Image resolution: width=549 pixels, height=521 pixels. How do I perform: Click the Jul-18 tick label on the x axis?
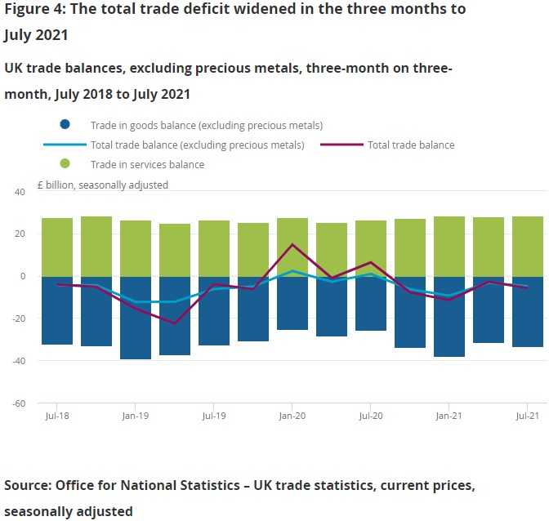click(x=57, y=416)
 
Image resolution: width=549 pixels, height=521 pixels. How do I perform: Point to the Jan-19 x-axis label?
click(x=136, y=416)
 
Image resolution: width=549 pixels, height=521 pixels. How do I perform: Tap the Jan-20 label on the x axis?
click(x=292, y=416)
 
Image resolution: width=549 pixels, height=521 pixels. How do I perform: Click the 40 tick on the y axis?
click(x=21, y=191)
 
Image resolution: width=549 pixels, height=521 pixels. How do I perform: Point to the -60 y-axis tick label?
click(x=20, y=403)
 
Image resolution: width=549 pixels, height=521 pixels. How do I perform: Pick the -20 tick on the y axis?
click(x=20, y=318)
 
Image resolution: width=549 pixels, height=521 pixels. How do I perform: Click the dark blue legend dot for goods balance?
click(x=65, y=125)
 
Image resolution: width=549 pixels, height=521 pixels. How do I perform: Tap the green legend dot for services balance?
click(x=65, y=164)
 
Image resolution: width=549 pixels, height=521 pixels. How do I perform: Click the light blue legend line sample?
click(x=65, y=145)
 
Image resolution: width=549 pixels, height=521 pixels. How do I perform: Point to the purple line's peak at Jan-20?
click(x=292, y=244)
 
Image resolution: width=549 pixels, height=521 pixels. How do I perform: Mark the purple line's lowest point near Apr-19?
click(x=175, y=323)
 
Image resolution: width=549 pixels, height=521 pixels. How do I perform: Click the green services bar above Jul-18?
click(x=57, y=247)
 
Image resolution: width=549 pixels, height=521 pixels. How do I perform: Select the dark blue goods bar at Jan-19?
click(x=136, y=318)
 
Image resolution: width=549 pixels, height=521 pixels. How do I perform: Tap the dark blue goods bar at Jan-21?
click(x=449, y=317)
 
